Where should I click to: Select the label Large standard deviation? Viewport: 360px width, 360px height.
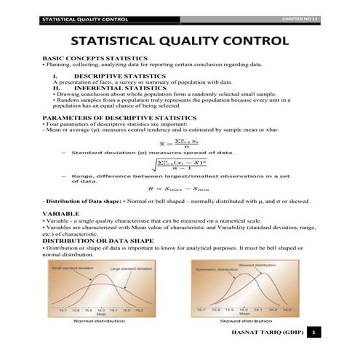[x=130, y=270]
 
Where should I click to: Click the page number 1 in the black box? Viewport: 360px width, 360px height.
[x=313, y=333]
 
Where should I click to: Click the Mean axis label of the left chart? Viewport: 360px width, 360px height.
[x=102, y=312]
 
